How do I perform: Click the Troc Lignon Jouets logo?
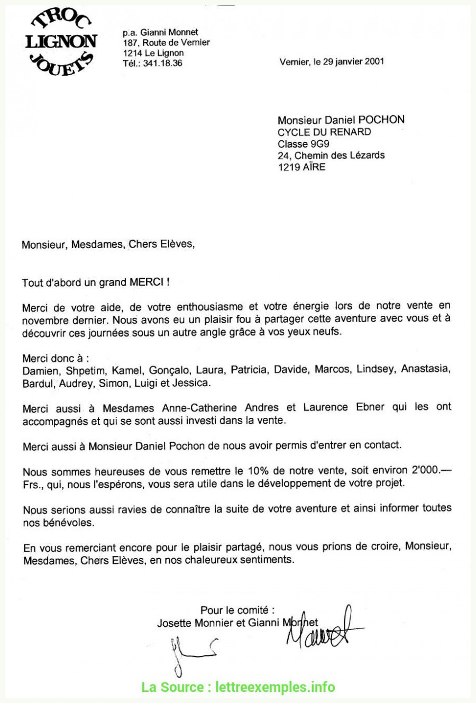tap(61, 42)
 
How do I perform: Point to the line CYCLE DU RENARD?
tap(324, 132)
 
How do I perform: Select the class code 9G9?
tap(320, 143)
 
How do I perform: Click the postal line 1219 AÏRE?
tap(301, 167)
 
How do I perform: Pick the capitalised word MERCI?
tap(147, 282)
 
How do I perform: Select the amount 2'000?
tap(423, 470)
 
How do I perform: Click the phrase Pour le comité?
tap(237, 610)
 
